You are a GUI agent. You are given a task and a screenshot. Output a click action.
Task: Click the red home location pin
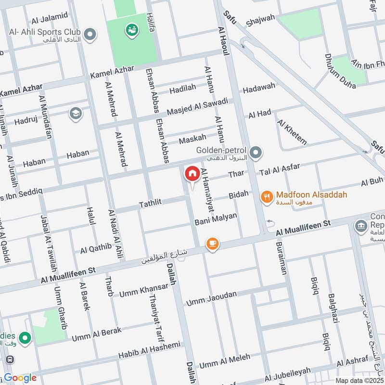[x=192, y=174]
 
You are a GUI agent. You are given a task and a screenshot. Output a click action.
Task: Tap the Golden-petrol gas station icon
[x=257, y=154]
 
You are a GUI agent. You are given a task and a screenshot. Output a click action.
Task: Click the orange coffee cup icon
[x=212, y=244]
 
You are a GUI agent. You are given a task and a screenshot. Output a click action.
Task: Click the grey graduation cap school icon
[x=75, y=114]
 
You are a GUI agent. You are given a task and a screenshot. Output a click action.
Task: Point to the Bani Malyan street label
[x=216, y=219]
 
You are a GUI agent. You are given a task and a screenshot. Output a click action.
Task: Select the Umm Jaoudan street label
[x=211, y=297]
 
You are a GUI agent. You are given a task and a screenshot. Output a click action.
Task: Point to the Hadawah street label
[x=259, y=88]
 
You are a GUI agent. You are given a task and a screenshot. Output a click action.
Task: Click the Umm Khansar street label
[x=144, y=290]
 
